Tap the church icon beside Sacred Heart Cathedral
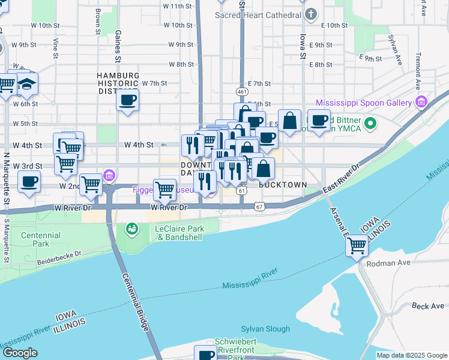click(x=310, y=13)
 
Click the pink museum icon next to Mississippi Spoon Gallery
click(x=421, y=103)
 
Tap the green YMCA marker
click(x=370, y=124)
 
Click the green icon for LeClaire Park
click(x=131, y=229)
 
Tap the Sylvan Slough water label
click(x=265, y=329)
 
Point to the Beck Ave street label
click(x=428, y=306)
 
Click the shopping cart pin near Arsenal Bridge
click(x=357, y=245)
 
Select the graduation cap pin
click(x=26, y=85)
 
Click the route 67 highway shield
click(x=259, y=206)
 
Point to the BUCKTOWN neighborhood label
click(x=283, y=185)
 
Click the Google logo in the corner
click(x=19, y=353)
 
